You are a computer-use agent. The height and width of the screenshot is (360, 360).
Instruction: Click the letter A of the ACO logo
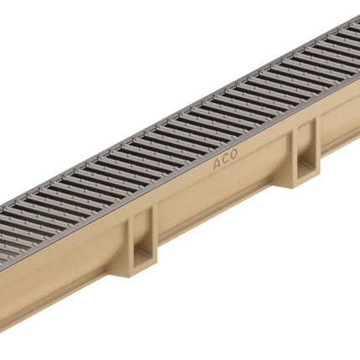[217, 164]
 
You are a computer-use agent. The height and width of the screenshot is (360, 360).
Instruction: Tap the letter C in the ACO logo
[225, 159]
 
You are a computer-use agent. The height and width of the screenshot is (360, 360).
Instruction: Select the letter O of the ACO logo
[233, 154]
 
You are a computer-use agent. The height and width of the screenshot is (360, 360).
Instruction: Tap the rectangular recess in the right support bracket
[305, 152]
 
